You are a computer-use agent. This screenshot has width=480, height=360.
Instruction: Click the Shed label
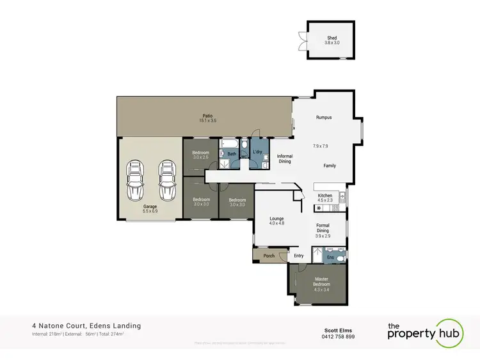tap(331, 38)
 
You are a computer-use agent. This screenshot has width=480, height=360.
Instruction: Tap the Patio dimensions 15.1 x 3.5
tap(205, 120)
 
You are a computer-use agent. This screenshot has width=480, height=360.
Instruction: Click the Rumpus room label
tap(323, 118)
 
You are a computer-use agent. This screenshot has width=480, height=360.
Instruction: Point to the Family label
tap(329, 166)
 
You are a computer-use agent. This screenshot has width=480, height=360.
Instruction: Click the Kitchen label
tap(325, 195)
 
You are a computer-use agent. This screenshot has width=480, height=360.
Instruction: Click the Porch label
tap(269, 256)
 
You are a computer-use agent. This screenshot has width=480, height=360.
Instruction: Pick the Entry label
tap(298, 256)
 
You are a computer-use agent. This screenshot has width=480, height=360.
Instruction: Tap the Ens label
tap(330, 257)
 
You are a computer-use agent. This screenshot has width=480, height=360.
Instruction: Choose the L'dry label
tap(257, 152)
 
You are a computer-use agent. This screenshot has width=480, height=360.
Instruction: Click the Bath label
tap(232, 153)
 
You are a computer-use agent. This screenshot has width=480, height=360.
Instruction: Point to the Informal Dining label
tap(284, 159)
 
